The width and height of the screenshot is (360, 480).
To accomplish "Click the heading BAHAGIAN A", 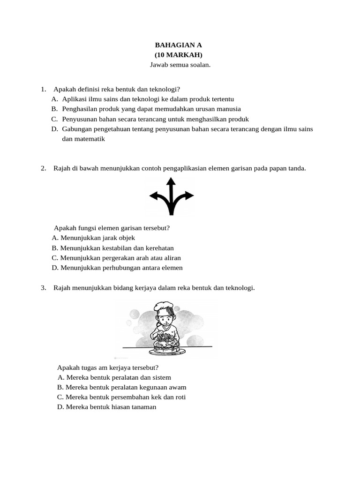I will [x=180, y=45].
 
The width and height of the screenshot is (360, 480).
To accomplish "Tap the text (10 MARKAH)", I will [x=180, y=55].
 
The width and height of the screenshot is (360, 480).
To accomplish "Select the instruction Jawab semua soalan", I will [x=180, y=65].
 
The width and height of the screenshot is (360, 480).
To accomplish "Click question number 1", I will [x=43, y=89].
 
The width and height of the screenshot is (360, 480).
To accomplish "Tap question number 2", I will [x=43, y=168].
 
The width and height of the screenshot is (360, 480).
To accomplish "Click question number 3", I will [x=43, y=288].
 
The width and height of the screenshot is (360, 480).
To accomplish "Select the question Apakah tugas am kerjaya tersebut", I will [x=108, y=367].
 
